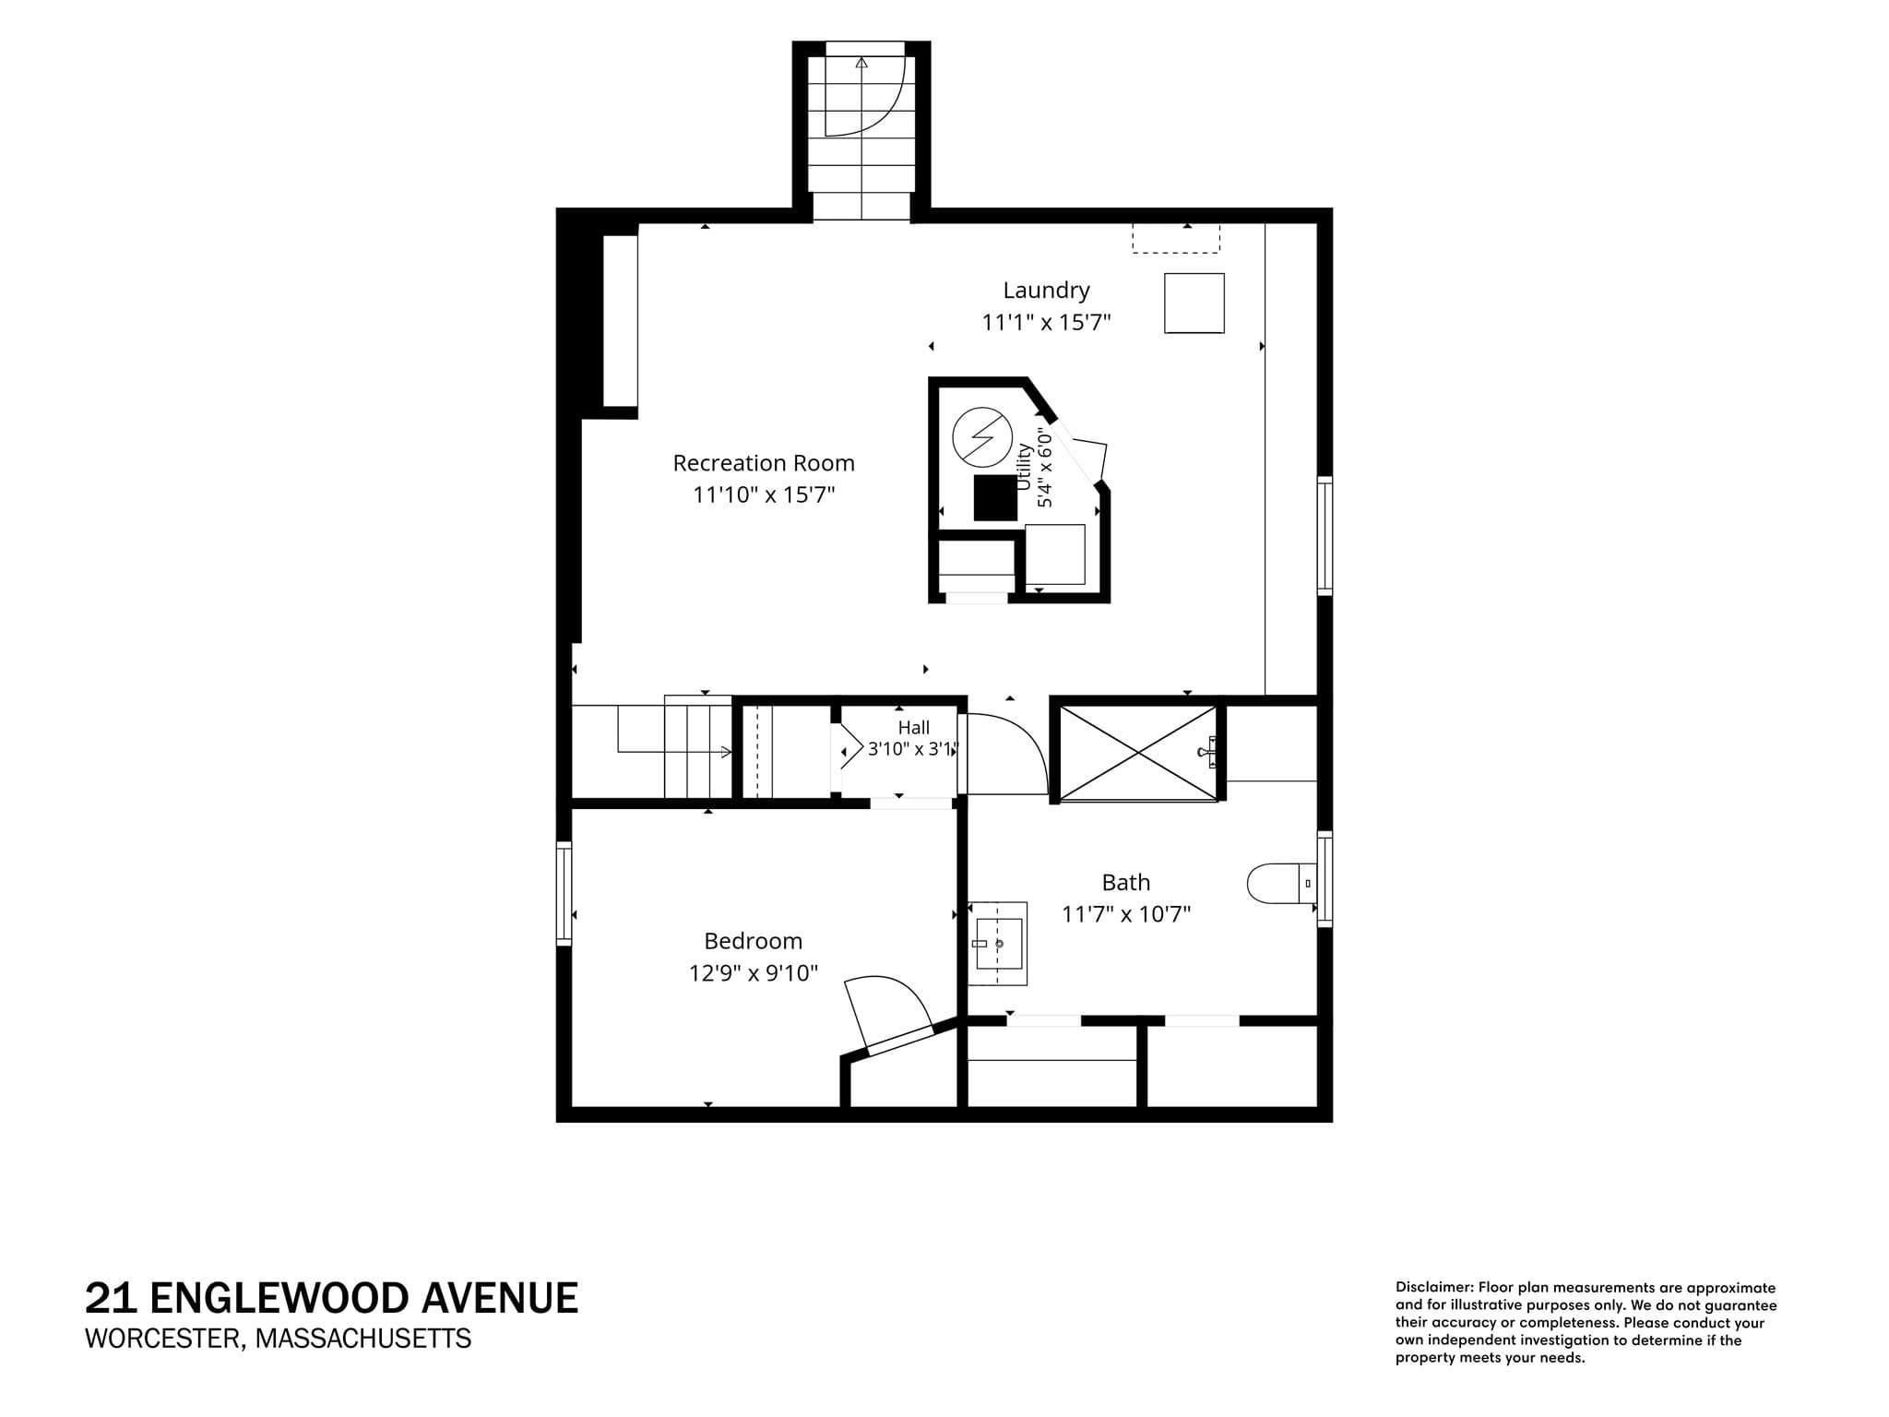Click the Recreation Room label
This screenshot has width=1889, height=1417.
pos(764,463)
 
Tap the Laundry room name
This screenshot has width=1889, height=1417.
pos(1046,291)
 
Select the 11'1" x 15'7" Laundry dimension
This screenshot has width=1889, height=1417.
pos(1046,323)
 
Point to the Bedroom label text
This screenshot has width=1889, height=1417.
pos(753,941)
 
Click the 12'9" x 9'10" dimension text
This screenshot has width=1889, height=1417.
pos(753,973)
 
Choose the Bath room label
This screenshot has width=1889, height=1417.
pos(1126,883)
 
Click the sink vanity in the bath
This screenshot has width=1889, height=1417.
pos(997,944)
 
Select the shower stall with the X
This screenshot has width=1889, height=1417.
pos(1139,753)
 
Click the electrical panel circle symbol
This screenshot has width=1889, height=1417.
pos(982,436)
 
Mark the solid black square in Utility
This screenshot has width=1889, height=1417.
pos(995,498)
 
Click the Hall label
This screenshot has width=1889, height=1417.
pos(913,728)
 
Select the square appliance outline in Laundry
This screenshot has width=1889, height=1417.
pos(1194,303)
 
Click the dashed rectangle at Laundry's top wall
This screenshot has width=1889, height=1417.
pos(1176,238)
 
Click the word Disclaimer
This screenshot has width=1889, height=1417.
pos(1433,1287)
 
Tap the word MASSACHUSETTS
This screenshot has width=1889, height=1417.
pos(363,1338)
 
